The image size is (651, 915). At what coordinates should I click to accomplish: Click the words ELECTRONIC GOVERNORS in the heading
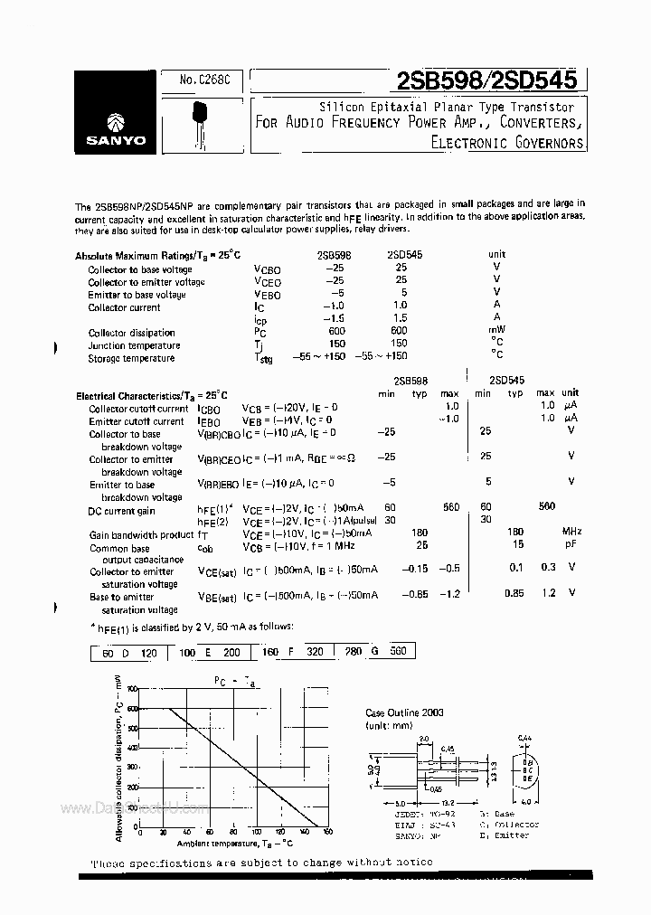pyautogui.click(x=507, y=142)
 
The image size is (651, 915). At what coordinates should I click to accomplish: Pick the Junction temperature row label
pyautogui.click(x=134, y=345)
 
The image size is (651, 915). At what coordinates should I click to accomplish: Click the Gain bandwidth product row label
pyautogui.click(x=142, y=535)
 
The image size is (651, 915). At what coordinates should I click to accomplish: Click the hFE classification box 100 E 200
pyautogui.click(x=210, y=651)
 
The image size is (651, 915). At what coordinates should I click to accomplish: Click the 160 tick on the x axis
pyautogui.click(x=328, y=832)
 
